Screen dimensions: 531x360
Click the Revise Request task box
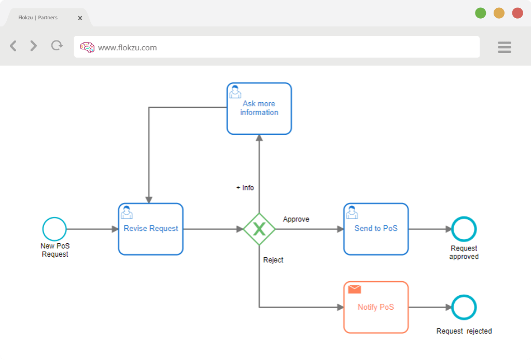point(151,229)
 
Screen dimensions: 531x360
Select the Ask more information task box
point(259,109)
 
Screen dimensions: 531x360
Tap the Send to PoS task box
point(376,229)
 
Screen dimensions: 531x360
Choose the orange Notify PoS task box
point(376,307)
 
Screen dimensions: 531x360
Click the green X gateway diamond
point(259,229)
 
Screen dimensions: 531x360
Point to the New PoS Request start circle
point(54,229)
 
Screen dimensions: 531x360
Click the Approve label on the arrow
point(296,219)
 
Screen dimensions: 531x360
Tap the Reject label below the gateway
point(273,260)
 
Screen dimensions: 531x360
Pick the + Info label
point(245,188)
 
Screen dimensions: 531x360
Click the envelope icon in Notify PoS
point(355,289)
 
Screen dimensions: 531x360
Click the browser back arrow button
point(13,46)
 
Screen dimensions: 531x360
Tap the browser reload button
point(57,45)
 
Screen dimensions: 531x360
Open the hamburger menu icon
point(504,47)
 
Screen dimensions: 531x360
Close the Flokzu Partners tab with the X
point(80,18)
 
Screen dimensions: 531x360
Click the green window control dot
point(480,13)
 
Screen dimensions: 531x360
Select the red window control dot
point(518,13)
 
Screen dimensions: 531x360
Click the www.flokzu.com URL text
point(128,48)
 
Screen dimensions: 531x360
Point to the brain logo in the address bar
point(87,47)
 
